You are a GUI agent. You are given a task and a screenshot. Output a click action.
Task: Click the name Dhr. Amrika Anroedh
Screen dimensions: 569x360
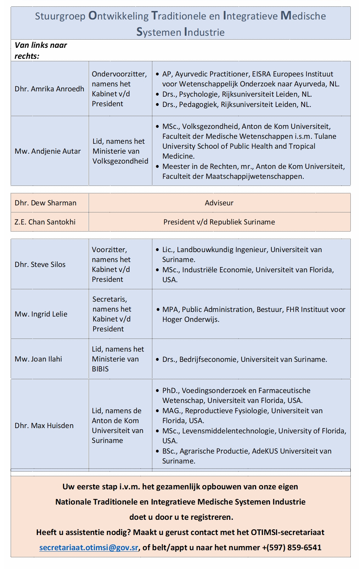49,89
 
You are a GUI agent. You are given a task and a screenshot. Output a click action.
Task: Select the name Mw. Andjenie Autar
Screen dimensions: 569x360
47,151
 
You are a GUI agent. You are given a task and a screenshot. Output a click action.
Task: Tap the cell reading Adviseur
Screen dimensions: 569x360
219,203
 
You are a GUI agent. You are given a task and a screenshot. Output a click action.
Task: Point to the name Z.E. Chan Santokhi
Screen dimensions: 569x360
45,222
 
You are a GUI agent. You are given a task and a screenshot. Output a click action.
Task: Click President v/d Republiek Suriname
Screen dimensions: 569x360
219,222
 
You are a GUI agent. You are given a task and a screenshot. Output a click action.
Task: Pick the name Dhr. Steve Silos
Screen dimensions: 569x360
40,264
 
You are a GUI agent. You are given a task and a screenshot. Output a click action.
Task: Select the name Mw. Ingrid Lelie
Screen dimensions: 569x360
41,314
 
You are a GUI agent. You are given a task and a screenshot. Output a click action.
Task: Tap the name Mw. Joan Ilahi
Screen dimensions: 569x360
38,359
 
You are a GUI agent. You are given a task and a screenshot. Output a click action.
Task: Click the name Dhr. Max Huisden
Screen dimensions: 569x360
44,426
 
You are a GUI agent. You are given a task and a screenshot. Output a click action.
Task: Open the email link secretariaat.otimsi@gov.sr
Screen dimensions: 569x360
89,547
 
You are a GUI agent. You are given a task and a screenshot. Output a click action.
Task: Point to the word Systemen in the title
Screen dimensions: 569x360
159,32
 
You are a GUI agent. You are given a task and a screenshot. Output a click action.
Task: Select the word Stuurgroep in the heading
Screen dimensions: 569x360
60,16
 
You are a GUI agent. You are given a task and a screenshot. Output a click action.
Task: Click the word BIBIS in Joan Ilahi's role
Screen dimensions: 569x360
100,369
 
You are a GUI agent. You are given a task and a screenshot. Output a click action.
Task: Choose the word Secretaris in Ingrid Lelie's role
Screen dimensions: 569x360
109,299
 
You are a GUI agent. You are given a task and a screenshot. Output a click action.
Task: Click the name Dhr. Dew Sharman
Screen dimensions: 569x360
45,203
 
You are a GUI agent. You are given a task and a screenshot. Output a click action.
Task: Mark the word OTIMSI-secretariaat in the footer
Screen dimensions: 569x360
287,532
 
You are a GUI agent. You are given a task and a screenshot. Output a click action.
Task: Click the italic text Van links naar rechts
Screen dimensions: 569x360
40,50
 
